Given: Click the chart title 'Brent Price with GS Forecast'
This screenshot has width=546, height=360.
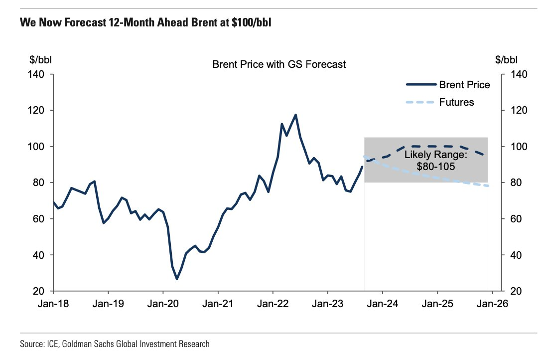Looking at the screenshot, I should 279,64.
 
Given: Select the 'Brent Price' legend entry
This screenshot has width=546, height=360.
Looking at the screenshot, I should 464,85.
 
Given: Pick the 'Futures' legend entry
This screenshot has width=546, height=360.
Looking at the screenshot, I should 456,102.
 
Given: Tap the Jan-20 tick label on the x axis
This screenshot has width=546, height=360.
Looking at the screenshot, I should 162,304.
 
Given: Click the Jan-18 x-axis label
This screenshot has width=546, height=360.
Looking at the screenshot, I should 53,304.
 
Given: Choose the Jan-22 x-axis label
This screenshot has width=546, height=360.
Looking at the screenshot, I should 273,304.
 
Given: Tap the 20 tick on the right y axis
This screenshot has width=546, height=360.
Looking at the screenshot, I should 515,291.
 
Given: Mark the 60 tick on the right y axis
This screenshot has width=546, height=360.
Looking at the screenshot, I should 515,219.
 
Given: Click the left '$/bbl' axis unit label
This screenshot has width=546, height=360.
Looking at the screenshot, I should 41,60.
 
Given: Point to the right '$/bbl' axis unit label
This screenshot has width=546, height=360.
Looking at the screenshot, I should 507,60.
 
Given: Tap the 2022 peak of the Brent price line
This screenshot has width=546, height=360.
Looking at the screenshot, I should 295,115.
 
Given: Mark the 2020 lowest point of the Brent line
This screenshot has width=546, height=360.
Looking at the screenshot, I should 177,279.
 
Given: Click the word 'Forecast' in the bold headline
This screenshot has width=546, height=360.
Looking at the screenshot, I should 86,23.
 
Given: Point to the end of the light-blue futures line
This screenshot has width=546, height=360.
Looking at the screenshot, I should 488,186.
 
